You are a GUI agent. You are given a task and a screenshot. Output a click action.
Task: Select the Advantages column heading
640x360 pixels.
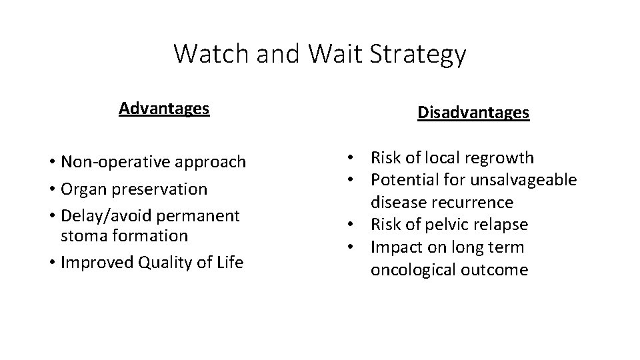pyautogui.click(x=164, y=108)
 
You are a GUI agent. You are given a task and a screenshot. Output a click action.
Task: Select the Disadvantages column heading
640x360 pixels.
pyautogui.click(x=473, y=113)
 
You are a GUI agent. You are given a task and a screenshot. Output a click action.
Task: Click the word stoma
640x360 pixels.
pyautogui.click(x=81, y=236)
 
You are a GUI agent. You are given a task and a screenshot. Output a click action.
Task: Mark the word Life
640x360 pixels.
pyautogui.click(x=230, y=263)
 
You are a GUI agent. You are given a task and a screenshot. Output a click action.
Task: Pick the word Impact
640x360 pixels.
pyautogui.click(x=393, y=247)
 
